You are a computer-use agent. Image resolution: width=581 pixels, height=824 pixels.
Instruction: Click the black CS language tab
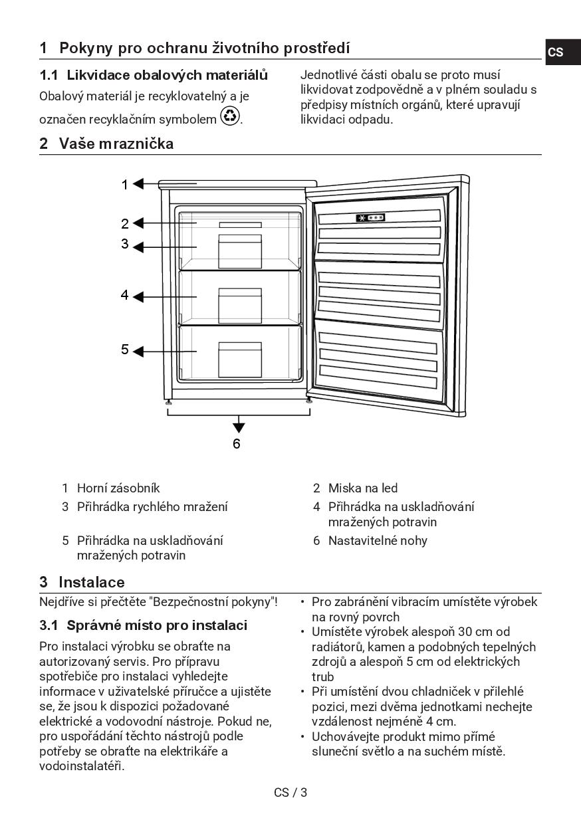[556, 52]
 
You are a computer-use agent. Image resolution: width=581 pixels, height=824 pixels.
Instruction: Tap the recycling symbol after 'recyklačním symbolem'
[230, 116]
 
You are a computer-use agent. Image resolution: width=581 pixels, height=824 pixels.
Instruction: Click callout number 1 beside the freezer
[124, 185]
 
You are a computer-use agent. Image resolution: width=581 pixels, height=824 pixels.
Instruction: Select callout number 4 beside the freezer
[124, 295]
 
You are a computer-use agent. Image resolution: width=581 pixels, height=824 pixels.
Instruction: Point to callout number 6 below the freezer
[237, 443]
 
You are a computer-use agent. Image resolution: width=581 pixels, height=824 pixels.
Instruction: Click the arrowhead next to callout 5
[138, 351]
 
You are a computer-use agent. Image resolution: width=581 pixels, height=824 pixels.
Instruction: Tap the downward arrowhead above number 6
[239, 427]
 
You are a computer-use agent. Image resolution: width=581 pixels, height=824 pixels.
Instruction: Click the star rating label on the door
[370, 218]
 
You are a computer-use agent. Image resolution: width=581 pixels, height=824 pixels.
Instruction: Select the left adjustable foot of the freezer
[169, 401]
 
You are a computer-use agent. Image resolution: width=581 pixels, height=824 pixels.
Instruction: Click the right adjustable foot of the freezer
[309, 400]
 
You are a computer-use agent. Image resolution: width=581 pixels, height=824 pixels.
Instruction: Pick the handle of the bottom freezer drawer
[240, 346]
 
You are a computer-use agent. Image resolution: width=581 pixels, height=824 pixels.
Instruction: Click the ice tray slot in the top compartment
[240, 225]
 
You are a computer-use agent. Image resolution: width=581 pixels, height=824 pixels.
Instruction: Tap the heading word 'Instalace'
[91, 582]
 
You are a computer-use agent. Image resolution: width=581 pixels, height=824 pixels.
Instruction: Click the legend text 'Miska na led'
[363, 488]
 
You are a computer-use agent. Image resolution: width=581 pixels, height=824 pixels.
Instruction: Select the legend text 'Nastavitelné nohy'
[378, 540]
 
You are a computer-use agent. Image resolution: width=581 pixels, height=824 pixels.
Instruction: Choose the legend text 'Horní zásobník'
[118, 488]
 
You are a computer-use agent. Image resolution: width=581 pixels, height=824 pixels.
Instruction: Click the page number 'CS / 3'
[290, 792]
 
